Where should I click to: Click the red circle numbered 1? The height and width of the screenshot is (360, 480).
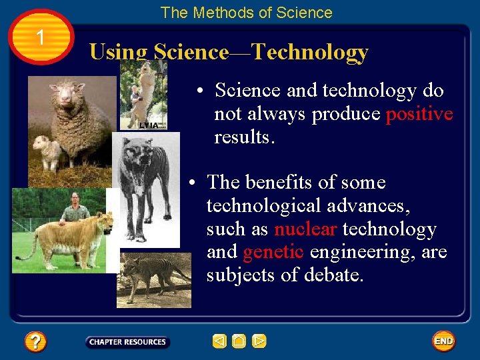point(41,37)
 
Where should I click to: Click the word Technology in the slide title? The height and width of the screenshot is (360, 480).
point(309,52)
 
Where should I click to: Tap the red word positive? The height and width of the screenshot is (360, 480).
point(419,114)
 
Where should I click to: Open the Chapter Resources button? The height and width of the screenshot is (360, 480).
point(127,342)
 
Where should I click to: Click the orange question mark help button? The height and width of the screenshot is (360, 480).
point(35,342)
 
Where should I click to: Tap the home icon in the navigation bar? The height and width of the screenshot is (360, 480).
point(239,341)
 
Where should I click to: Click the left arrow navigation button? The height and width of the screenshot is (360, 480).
point(219,341)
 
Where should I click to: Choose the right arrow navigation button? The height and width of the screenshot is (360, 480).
point(259,341)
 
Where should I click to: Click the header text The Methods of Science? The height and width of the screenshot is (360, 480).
point(246,13)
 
